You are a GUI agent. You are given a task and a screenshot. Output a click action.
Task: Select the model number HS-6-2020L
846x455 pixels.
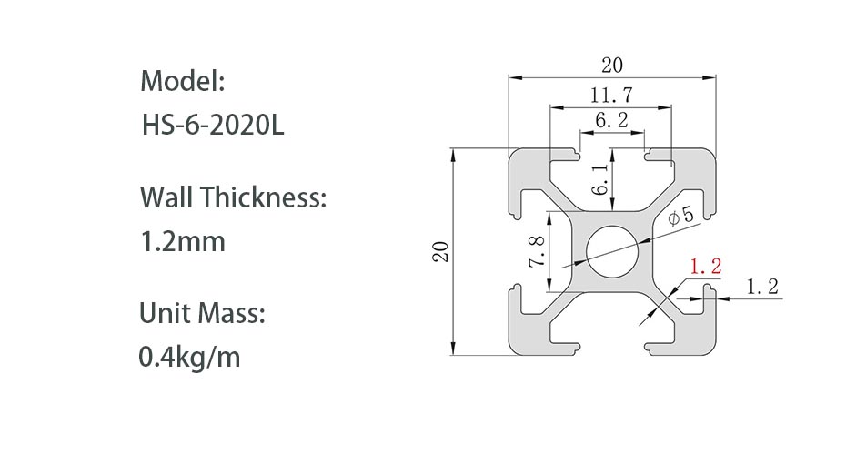214,125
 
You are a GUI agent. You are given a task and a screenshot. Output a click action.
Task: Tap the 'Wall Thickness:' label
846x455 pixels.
232,197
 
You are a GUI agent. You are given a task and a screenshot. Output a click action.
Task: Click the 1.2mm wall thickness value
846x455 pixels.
182,242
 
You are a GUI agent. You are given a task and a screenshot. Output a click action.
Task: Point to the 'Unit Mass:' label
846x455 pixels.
202,314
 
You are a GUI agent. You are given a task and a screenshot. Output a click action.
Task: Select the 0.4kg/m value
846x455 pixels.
189,357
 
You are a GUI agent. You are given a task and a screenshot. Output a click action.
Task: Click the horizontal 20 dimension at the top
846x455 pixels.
612,65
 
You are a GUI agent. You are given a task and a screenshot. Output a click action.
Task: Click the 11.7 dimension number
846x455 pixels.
611,93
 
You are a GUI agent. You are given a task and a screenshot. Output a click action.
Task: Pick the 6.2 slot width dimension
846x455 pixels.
611,119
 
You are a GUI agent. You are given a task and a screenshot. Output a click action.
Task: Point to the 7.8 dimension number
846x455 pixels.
536,251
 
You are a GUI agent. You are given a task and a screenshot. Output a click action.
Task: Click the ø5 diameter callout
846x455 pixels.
680,217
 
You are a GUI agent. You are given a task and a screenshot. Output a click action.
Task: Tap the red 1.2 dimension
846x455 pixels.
706,267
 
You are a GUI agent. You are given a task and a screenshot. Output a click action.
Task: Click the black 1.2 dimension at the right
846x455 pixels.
762,287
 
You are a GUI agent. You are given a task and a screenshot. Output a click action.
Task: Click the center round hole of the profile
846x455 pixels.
612,252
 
